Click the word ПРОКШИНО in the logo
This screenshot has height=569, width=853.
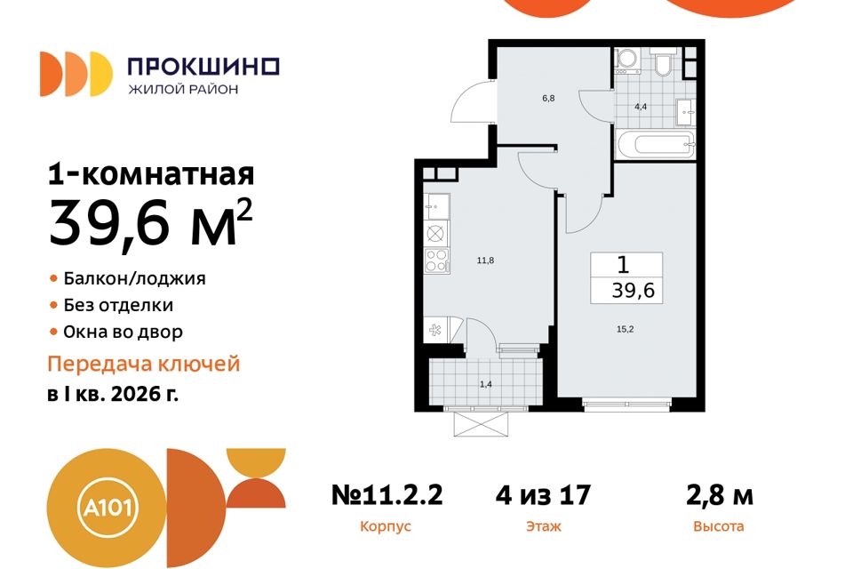pos(203,66)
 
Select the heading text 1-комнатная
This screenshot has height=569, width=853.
pos(151,173)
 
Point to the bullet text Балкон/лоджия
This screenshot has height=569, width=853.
pos(134,278)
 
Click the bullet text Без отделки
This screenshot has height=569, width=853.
pos(118,305)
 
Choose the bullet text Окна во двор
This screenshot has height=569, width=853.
pos(123,333)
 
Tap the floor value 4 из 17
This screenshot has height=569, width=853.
pos(543,494)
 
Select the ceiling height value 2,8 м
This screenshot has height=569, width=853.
pos(718,494)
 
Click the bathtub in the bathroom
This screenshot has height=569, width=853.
pos(653,145)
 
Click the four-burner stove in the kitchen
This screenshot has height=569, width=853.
pos(437,260)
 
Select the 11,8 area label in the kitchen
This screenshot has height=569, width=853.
pos(484,260)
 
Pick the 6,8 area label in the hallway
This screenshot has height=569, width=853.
pos(548,99)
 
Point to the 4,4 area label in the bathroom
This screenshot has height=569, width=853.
pos(640,106)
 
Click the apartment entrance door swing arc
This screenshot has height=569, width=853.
pos(469,103)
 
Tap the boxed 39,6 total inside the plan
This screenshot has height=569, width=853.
pos(626,290)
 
